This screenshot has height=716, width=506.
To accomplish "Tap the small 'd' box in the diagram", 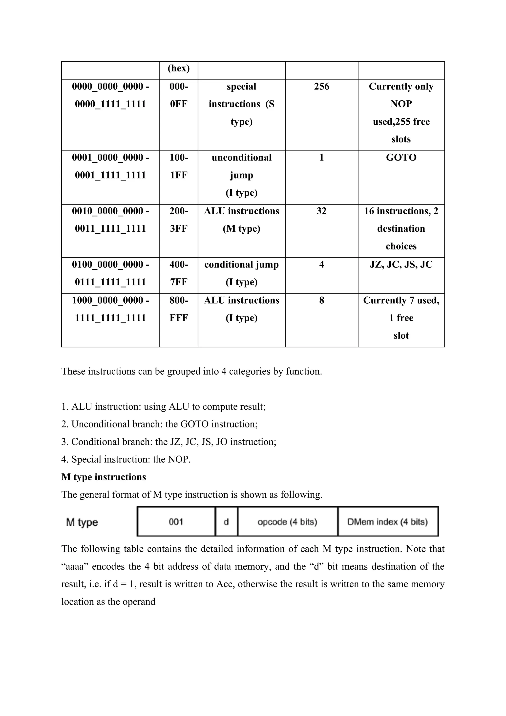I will point(226,522).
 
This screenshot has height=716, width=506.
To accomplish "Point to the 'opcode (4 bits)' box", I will point(287,522).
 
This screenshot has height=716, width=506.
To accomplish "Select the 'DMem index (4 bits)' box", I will point(388,522).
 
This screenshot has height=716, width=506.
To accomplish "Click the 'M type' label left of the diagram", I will point(82,522).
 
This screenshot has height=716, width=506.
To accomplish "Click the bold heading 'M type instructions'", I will point(104,477).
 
